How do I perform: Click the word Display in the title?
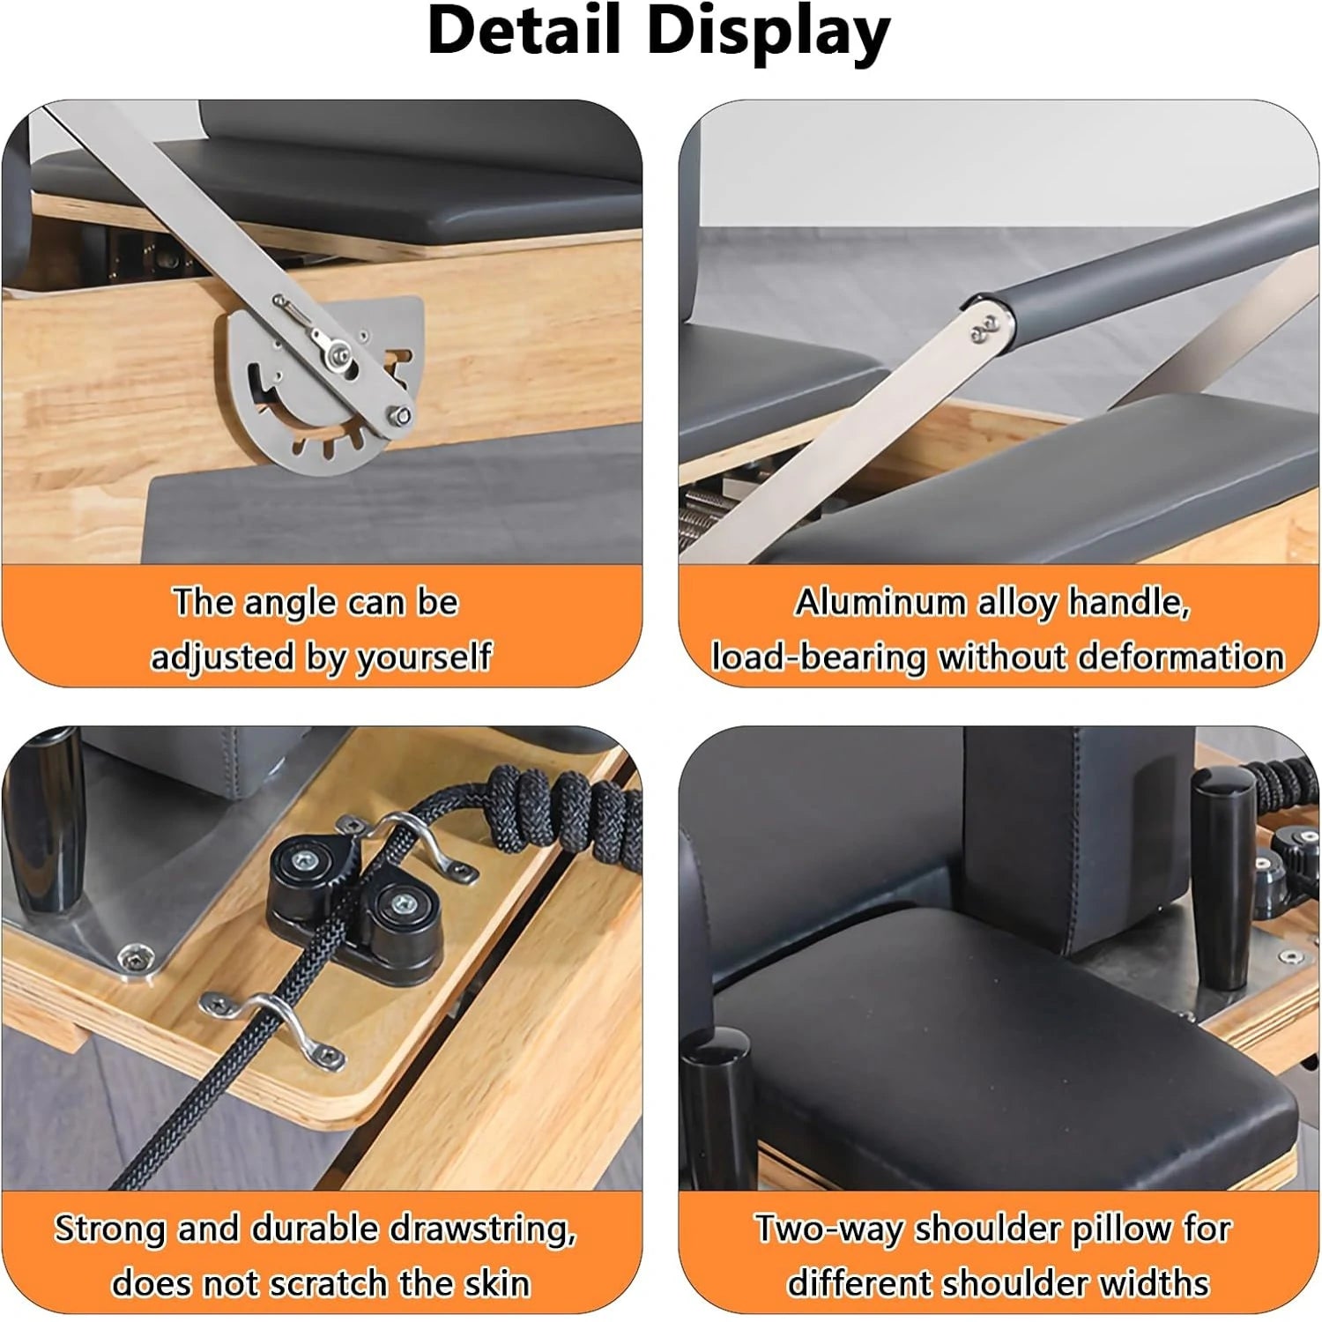(x=769, y=32)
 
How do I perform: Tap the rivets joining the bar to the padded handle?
(x=984, y=329)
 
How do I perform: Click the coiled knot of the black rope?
(x=564, y=815)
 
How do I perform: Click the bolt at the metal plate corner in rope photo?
(x=133, y=956)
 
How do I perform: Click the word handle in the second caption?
(x=1128, y=603)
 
